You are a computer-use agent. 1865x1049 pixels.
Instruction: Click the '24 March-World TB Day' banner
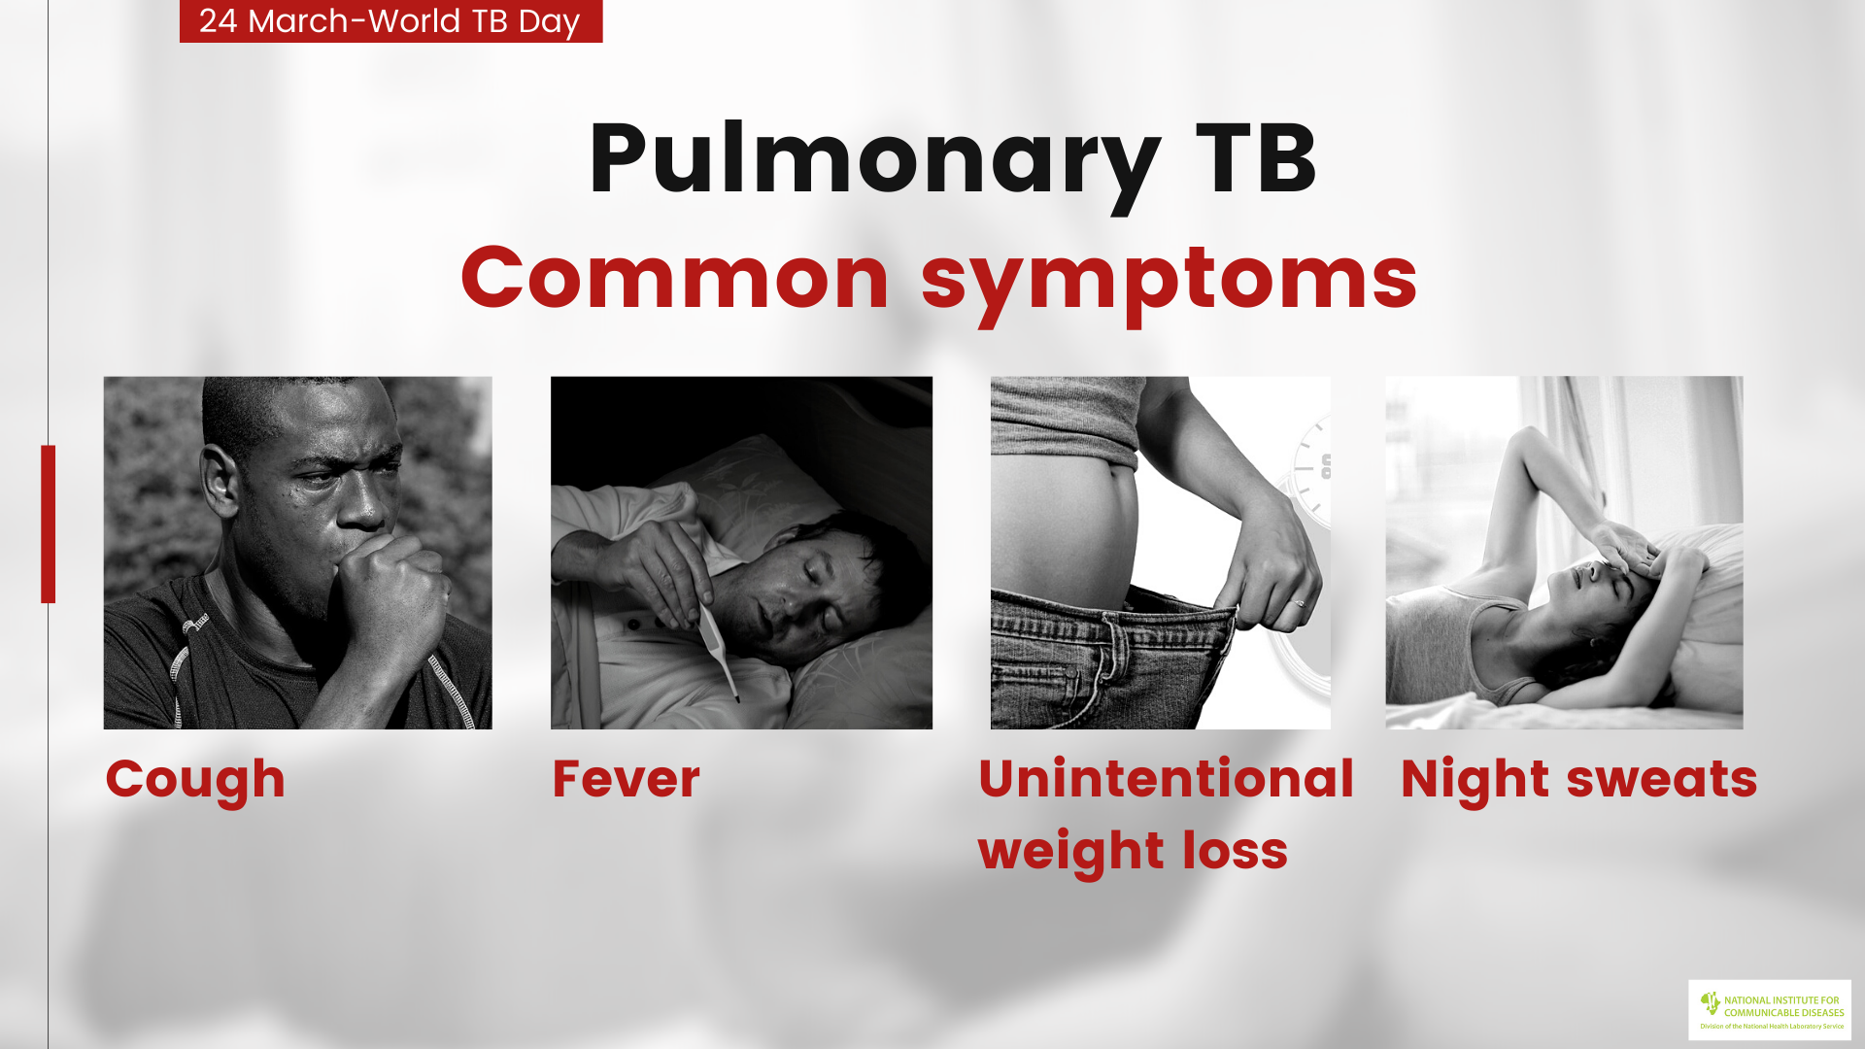tap(390, 20)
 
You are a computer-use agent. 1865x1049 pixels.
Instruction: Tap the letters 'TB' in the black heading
tap(1257, 158)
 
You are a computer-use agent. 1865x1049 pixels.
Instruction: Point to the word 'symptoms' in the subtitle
tap(1169, 284)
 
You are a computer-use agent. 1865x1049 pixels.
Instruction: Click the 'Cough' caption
tap(195, 781)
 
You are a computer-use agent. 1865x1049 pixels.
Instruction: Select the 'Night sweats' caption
tap(1578, 780)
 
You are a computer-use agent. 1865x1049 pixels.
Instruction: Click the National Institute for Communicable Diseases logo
tap(1770, 1010)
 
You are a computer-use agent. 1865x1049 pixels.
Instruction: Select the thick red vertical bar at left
tap(48, 524)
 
